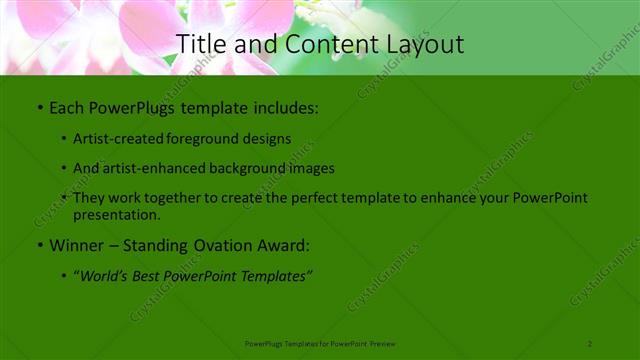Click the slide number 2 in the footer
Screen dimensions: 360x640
(x=590, y=343)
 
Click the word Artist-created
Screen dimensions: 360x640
(x=111, y=138)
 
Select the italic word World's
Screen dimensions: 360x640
(x=105, y=274)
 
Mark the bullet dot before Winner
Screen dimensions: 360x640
(x=39, y=244)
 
